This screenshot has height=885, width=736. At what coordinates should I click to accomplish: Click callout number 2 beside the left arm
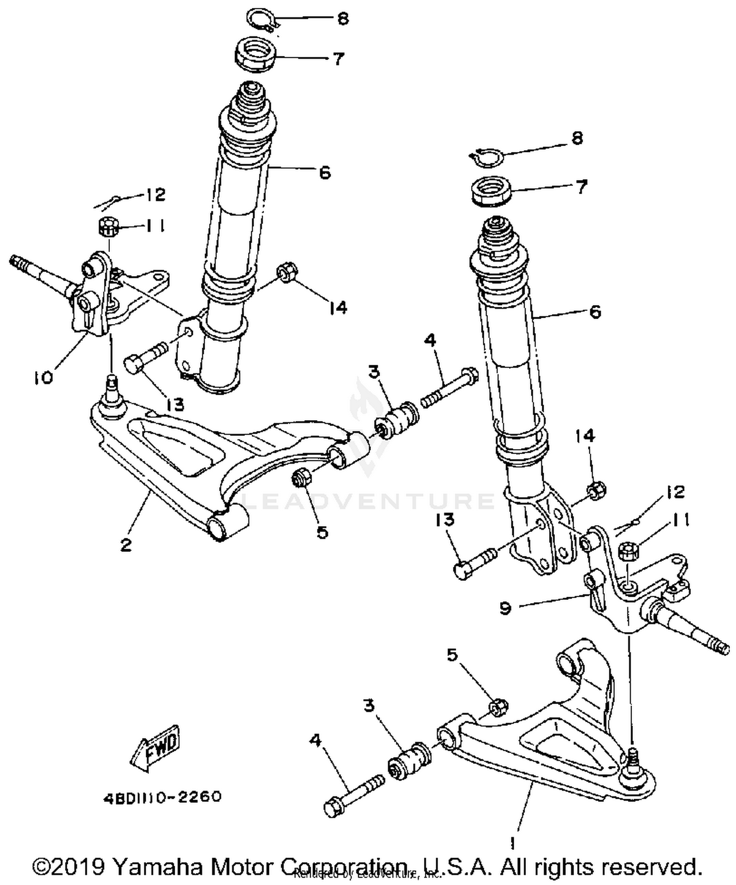pyautogui.click(x=126, y=544)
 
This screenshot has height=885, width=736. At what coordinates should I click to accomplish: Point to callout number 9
pyautogui.click(x=505, y=608)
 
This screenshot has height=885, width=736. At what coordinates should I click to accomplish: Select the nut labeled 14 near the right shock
pyautogui.click(x=596, y=489)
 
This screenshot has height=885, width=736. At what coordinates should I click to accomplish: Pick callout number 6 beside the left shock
pyautogui.click(x=325, y=173)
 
